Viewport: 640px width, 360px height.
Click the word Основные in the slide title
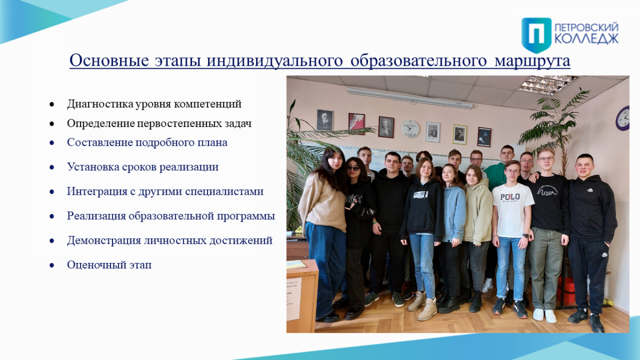109,61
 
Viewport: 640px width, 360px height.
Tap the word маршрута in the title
532,61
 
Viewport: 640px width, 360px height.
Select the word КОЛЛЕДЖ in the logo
587,38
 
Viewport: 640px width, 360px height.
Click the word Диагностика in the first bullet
100,104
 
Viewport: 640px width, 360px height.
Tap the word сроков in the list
139,167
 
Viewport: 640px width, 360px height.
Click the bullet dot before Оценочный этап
52,266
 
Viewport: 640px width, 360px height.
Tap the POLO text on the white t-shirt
510,197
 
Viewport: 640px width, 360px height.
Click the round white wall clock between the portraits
410,129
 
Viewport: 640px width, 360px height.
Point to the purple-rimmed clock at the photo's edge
623,118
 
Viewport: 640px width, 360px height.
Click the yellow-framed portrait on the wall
460,134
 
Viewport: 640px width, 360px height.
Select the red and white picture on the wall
357,123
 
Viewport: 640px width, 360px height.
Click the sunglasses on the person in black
354,169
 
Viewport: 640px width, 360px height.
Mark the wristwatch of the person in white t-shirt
525,236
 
